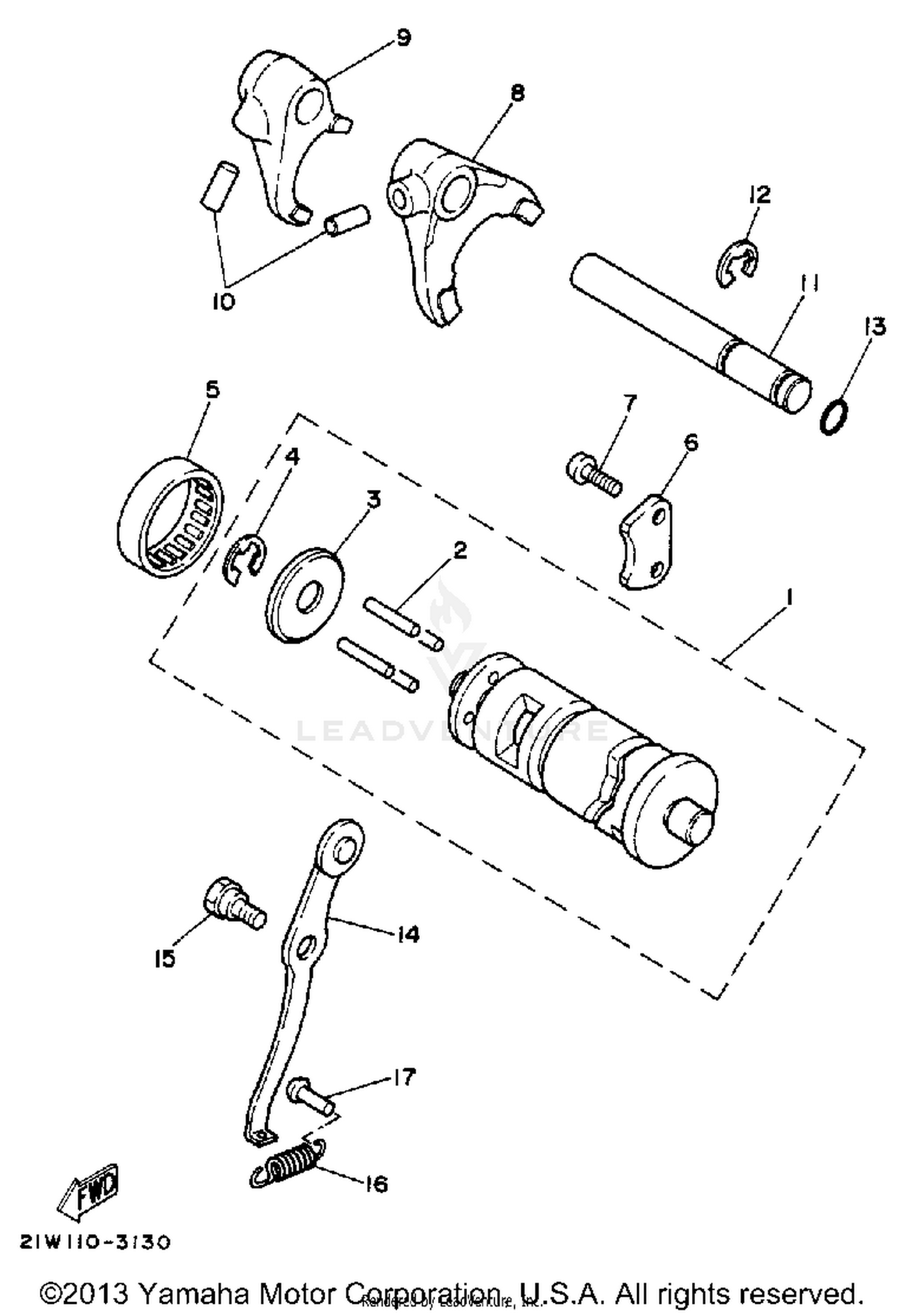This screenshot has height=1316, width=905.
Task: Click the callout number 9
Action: [x=403, y=37]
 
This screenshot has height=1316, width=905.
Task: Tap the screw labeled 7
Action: [x=594, y=477]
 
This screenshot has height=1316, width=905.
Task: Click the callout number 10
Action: [x=223, y=302]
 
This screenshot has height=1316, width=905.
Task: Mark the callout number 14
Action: [x=408, y=935]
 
